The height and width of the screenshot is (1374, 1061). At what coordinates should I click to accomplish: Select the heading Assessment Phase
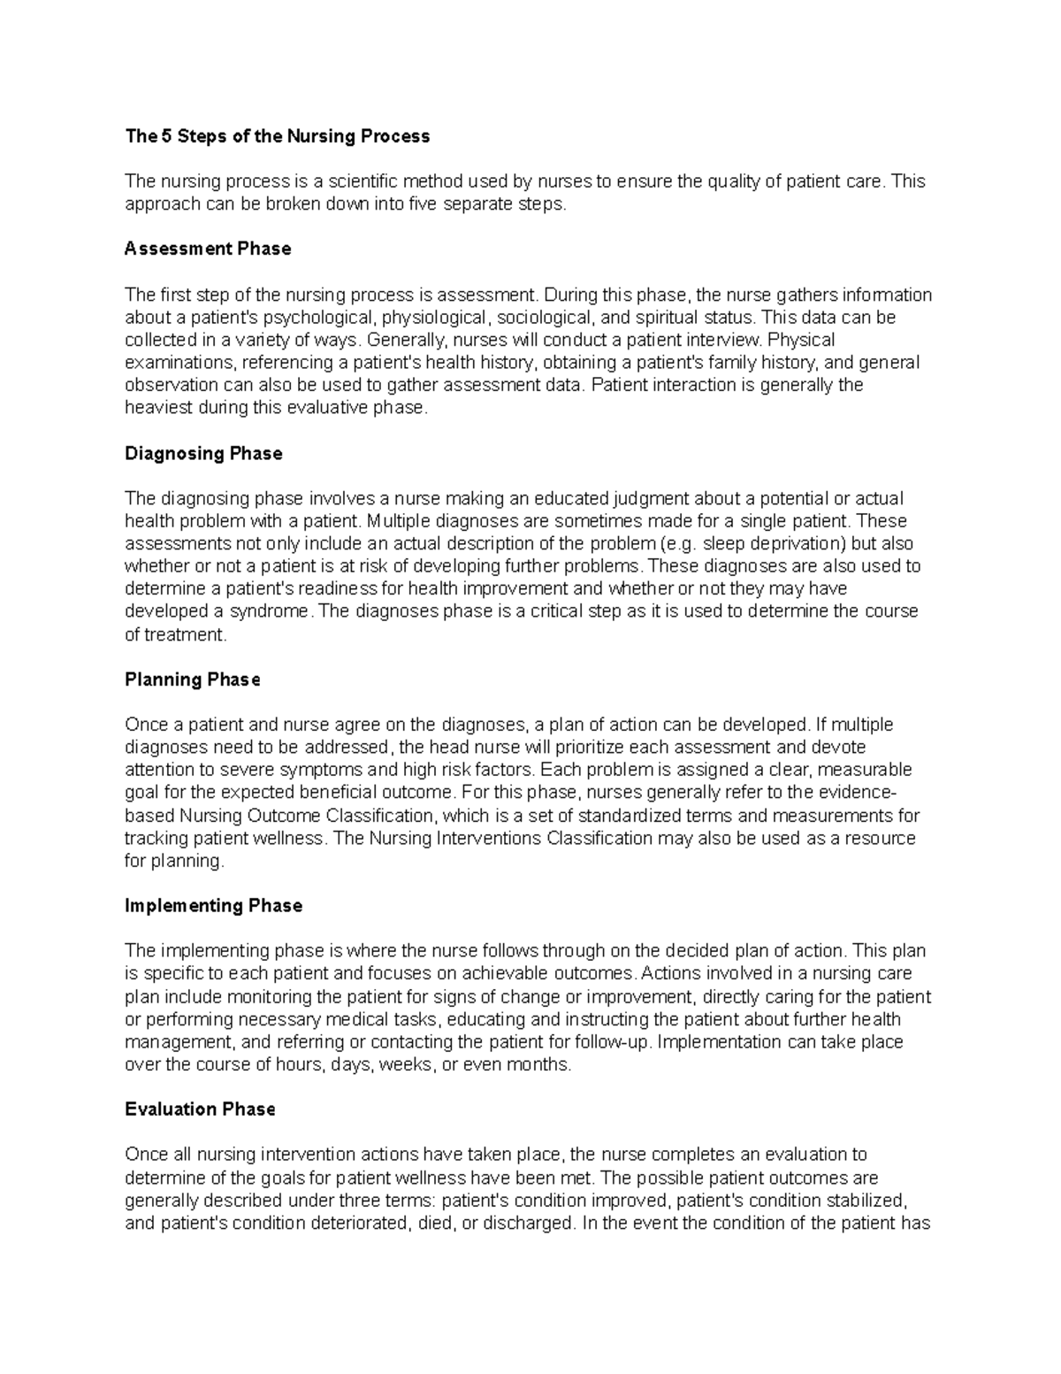(208, 249)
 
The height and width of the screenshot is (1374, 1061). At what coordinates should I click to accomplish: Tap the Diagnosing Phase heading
(203, 454)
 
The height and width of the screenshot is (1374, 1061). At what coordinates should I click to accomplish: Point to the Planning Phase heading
(193, 679)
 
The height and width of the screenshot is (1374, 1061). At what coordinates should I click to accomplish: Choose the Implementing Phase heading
(213, 906)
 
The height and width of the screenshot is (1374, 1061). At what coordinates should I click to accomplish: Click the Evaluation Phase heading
(200, 1109)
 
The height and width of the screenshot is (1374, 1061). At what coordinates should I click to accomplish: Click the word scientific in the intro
(363, 182)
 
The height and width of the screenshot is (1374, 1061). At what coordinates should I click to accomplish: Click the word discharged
(527, 1224)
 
